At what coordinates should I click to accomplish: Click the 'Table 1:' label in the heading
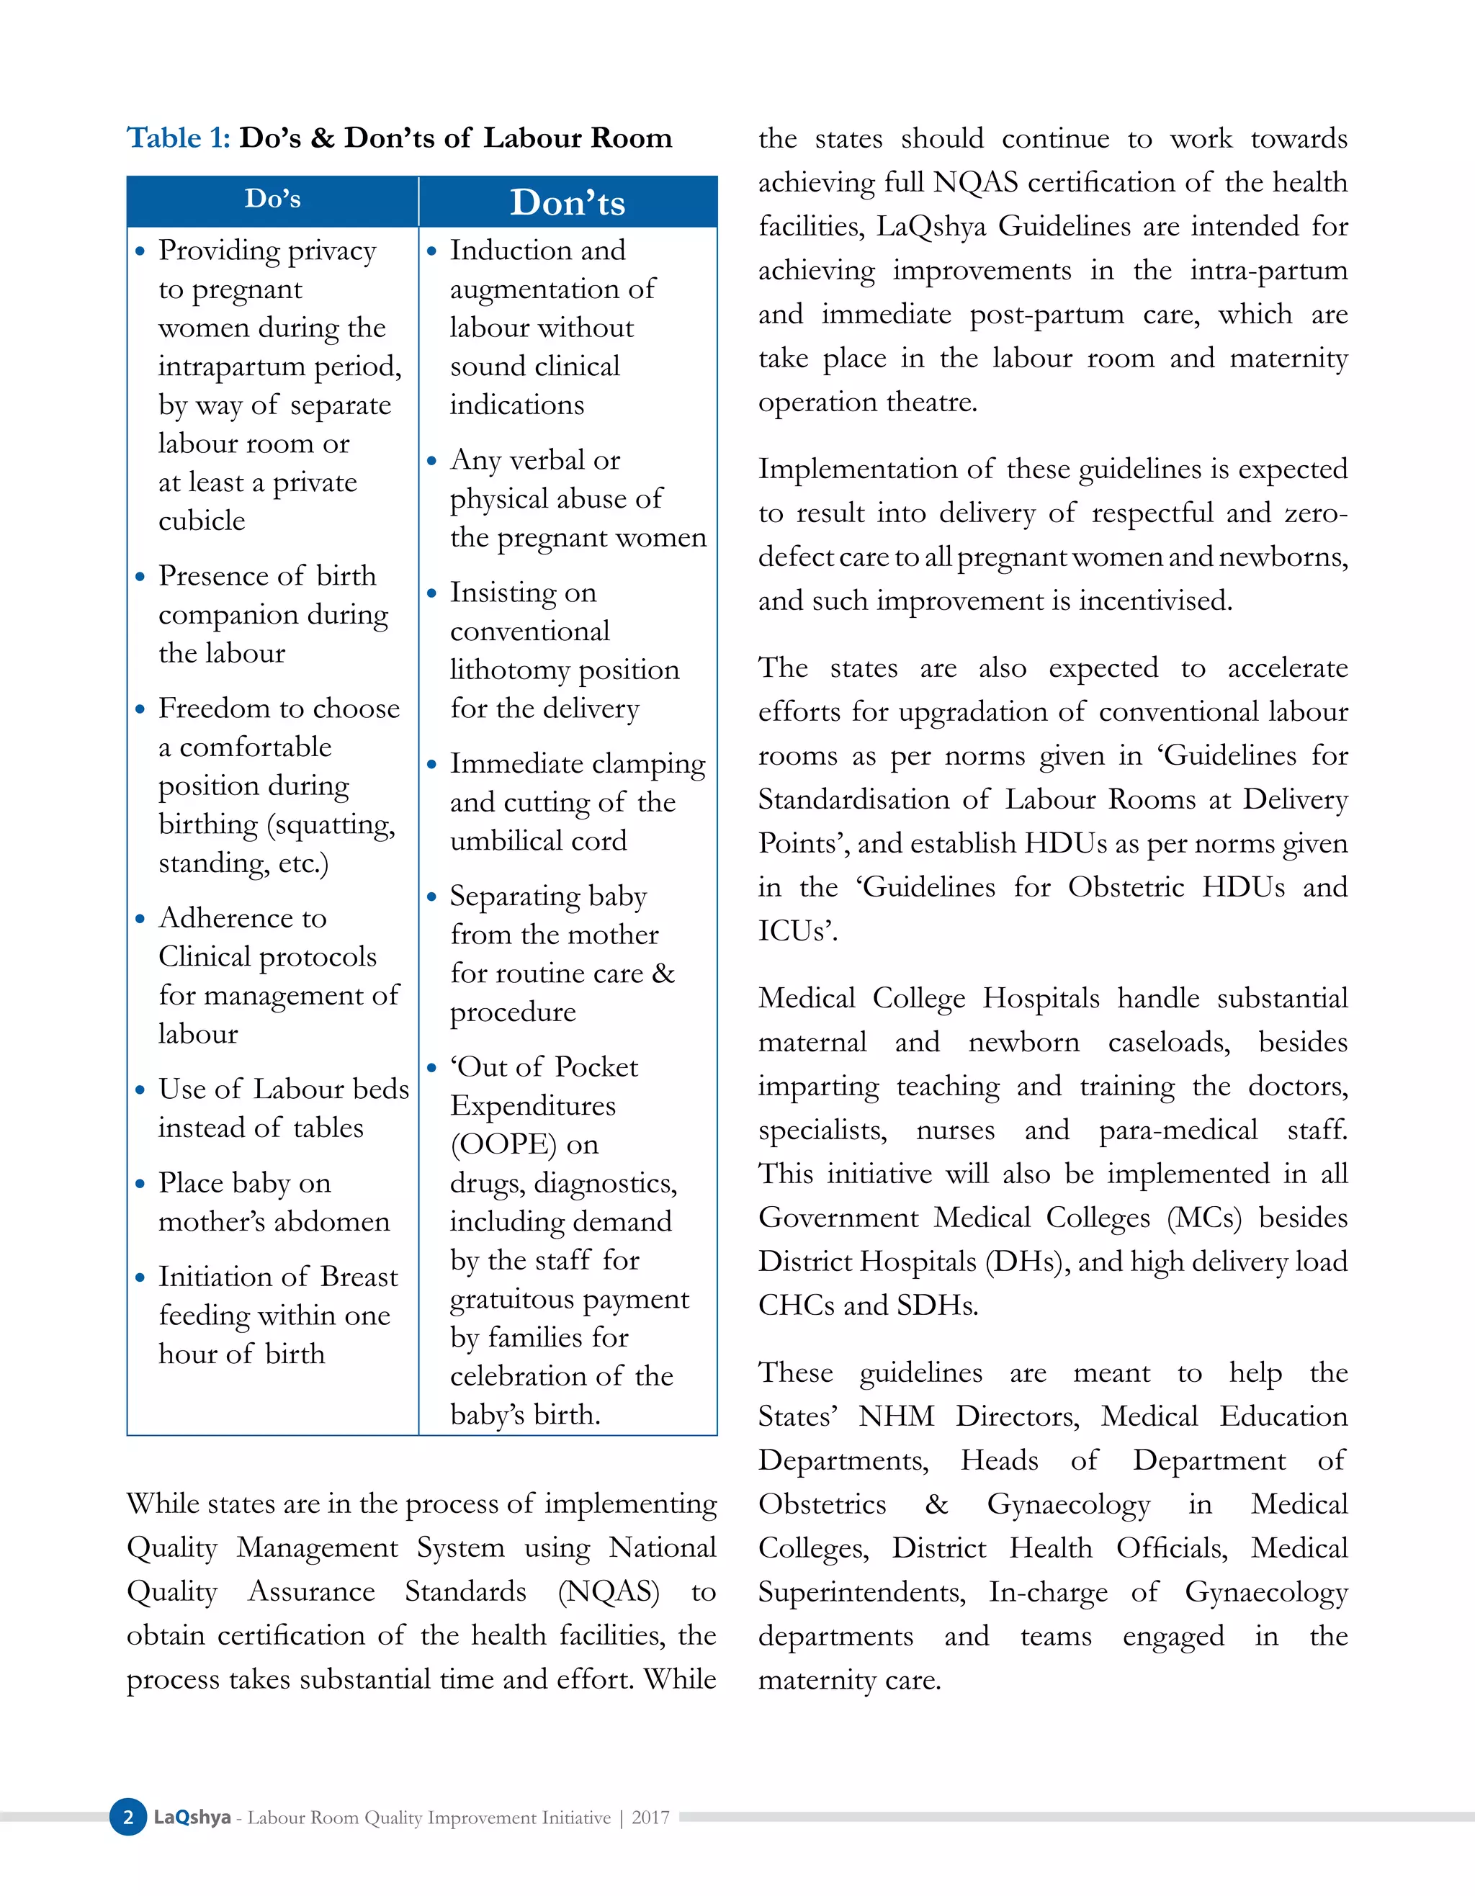click(178, 138)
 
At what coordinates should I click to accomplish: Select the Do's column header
click(273, 199)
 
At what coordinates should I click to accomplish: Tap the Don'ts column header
click(567, 202)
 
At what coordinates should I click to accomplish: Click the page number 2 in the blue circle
click(128, 1817)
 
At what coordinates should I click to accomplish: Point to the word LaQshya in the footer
click(192, 1817)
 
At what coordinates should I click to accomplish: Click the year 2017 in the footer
click(650, 1817)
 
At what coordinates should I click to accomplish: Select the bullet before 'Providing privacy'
click(140, 252)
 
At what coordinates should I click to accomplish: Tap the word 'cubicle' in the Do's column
click(202, 521)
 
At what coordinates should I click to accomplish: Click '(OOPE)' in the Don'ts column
click(503, 1144)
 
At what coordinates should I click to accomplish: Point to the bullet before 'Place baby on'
click(140, 1184)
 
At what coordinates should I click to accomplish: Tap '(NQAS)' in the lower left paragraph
click(609, 1591)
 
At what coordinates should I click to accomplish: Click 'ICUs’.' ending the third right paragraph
click(798, 930)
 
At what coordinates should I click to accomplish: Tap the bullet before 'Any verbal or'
click(431, 461)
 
